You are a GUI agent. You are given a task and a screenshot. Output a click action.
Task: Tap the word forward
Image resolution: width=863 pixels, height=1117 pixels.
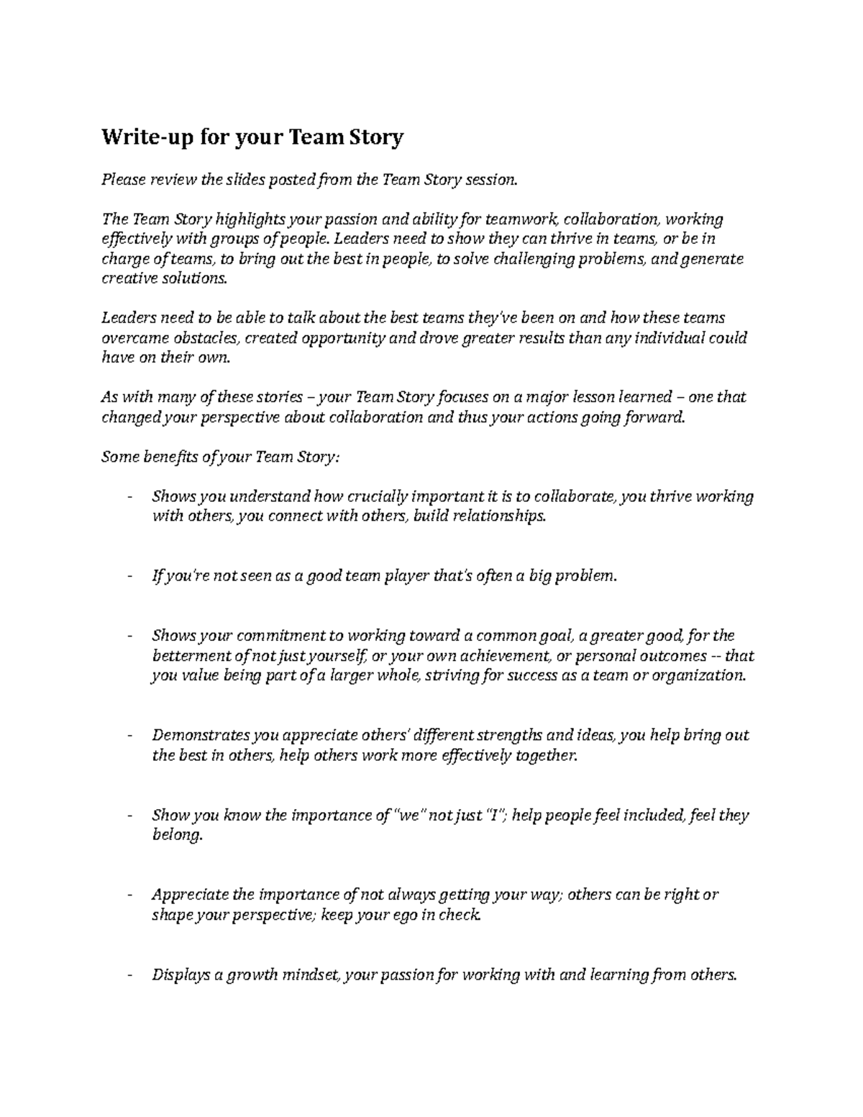(653, 417)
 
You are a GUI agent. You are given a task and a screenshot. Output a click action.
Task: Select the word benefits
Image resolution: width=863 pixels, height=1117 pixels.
(168, 457)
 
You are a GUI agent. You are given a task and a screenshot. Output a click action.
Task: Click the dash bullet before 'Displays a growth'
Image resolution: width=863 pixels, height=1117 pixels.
(129, 975)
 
